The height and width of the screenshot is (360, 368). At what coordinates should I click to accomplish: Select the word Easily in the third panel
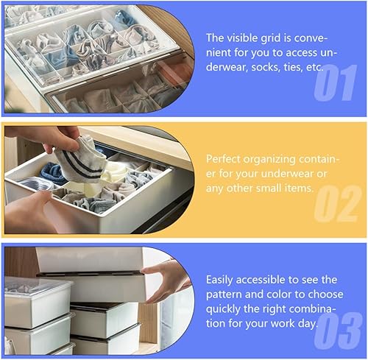[223, 279]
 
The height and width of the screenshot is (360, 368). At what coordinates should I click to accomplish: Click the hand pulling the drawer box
[166, 279]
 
